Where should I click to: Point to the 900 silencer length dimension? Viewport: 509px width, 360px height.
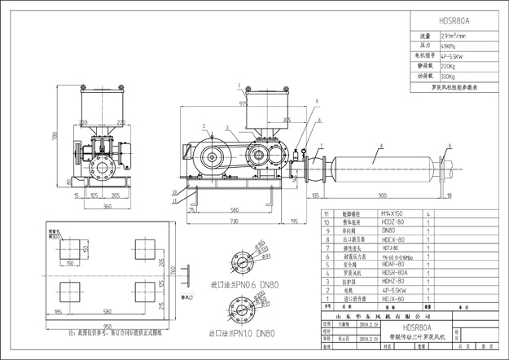[x=381, y=195]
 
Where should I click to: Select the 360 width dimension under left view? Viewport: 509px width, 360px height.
[x=107, y=206]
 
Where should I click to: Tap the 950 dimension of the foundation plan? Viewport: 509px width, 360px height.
[x=107, y=325]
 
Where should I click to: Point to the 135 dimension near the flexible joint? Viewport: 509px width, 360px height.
[x=315, y=195]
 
